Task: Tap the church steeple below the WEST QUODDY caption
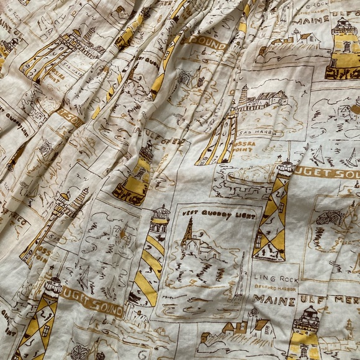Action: click(187, 232)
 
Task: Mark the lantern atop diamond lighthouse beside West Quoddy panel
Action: click(285, 167)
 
